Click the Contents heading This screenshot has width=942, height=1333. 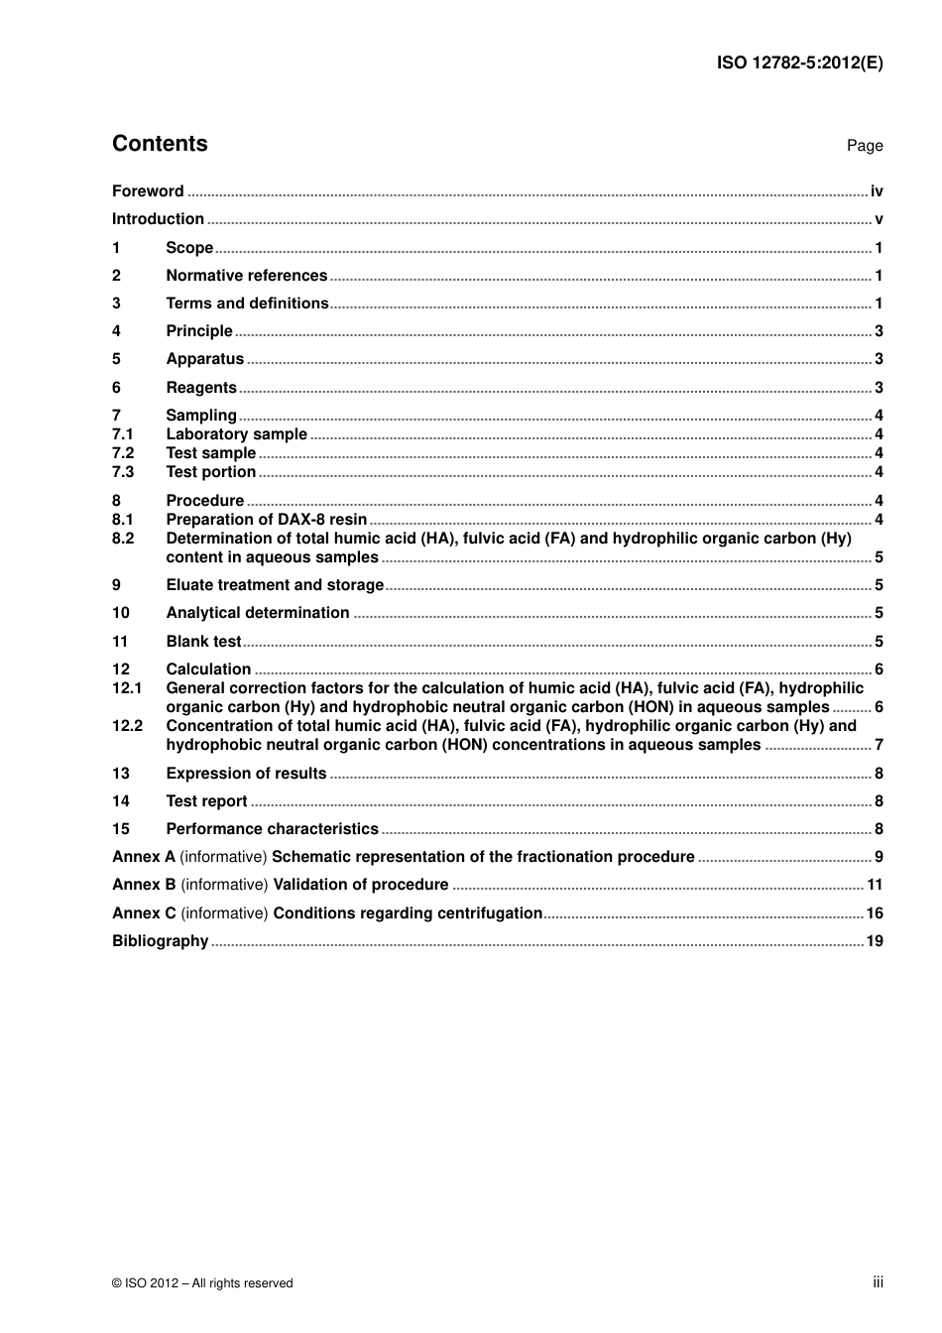[160, 144]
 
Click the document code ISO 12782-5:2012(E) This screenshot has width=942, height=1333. [799, 62]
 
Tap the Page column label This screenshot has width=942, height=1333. [864, 146]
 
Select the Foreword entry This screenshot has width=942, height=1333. [148, 191]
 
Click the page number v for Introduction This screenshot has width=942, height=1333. [879, 219]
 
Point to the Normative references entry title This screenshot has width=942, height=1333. [246, 276]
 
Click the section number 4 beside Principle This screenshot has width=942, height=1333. [116, 331]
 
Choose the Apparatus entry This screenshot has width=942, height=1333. [204, 359]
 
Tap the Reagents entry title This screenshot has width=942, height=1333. [201, 388]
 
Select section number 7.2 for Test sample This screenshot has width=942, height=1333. [123, 453]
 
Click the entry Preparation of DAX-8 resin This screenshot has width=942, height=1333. [266, 520]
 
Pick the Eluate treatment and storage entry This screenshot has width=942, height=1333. [275, 585]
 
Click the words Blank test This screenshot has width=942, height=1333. [203, 642]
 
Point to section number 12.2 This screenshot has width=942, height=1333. [127, 726]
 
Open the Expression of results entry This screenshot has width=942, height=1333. [246, 774]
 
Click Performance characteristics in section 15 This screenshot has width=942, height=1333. [272, 829]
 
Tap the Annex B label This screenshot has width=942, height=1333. [144, 885]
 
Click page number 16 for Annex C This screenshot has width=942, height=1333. [874, 913]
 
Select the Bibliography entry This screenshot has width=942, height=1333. [160, 941]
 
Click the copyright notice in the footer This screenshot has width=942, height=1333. [202, 1283]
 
